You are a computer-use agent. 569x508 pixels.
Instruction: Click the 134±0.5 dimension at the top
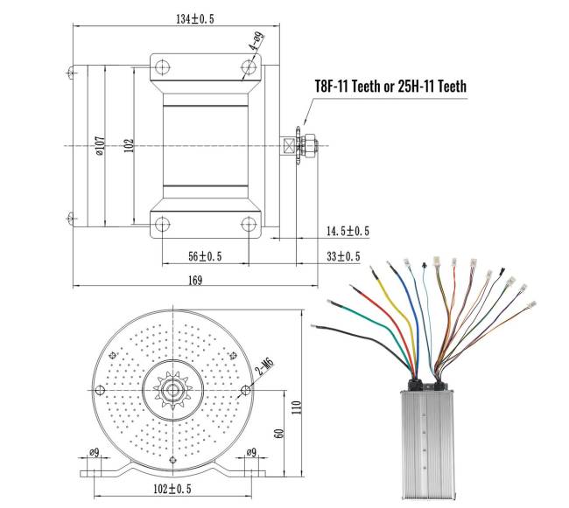(181, 20)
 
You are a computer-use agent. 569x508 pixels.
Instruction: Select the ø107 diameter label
(100, 144)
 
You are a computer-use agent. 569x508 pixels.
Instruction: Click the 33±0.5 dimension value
(343, 256)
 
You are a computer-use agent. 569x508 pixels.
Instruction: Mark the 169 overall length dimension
(194, 280)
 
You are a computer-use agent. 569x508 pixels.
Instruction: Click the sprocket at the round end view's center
(172, 386)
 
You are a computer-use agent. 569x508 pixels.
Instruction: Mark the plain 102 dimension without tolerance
(129, 144)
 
